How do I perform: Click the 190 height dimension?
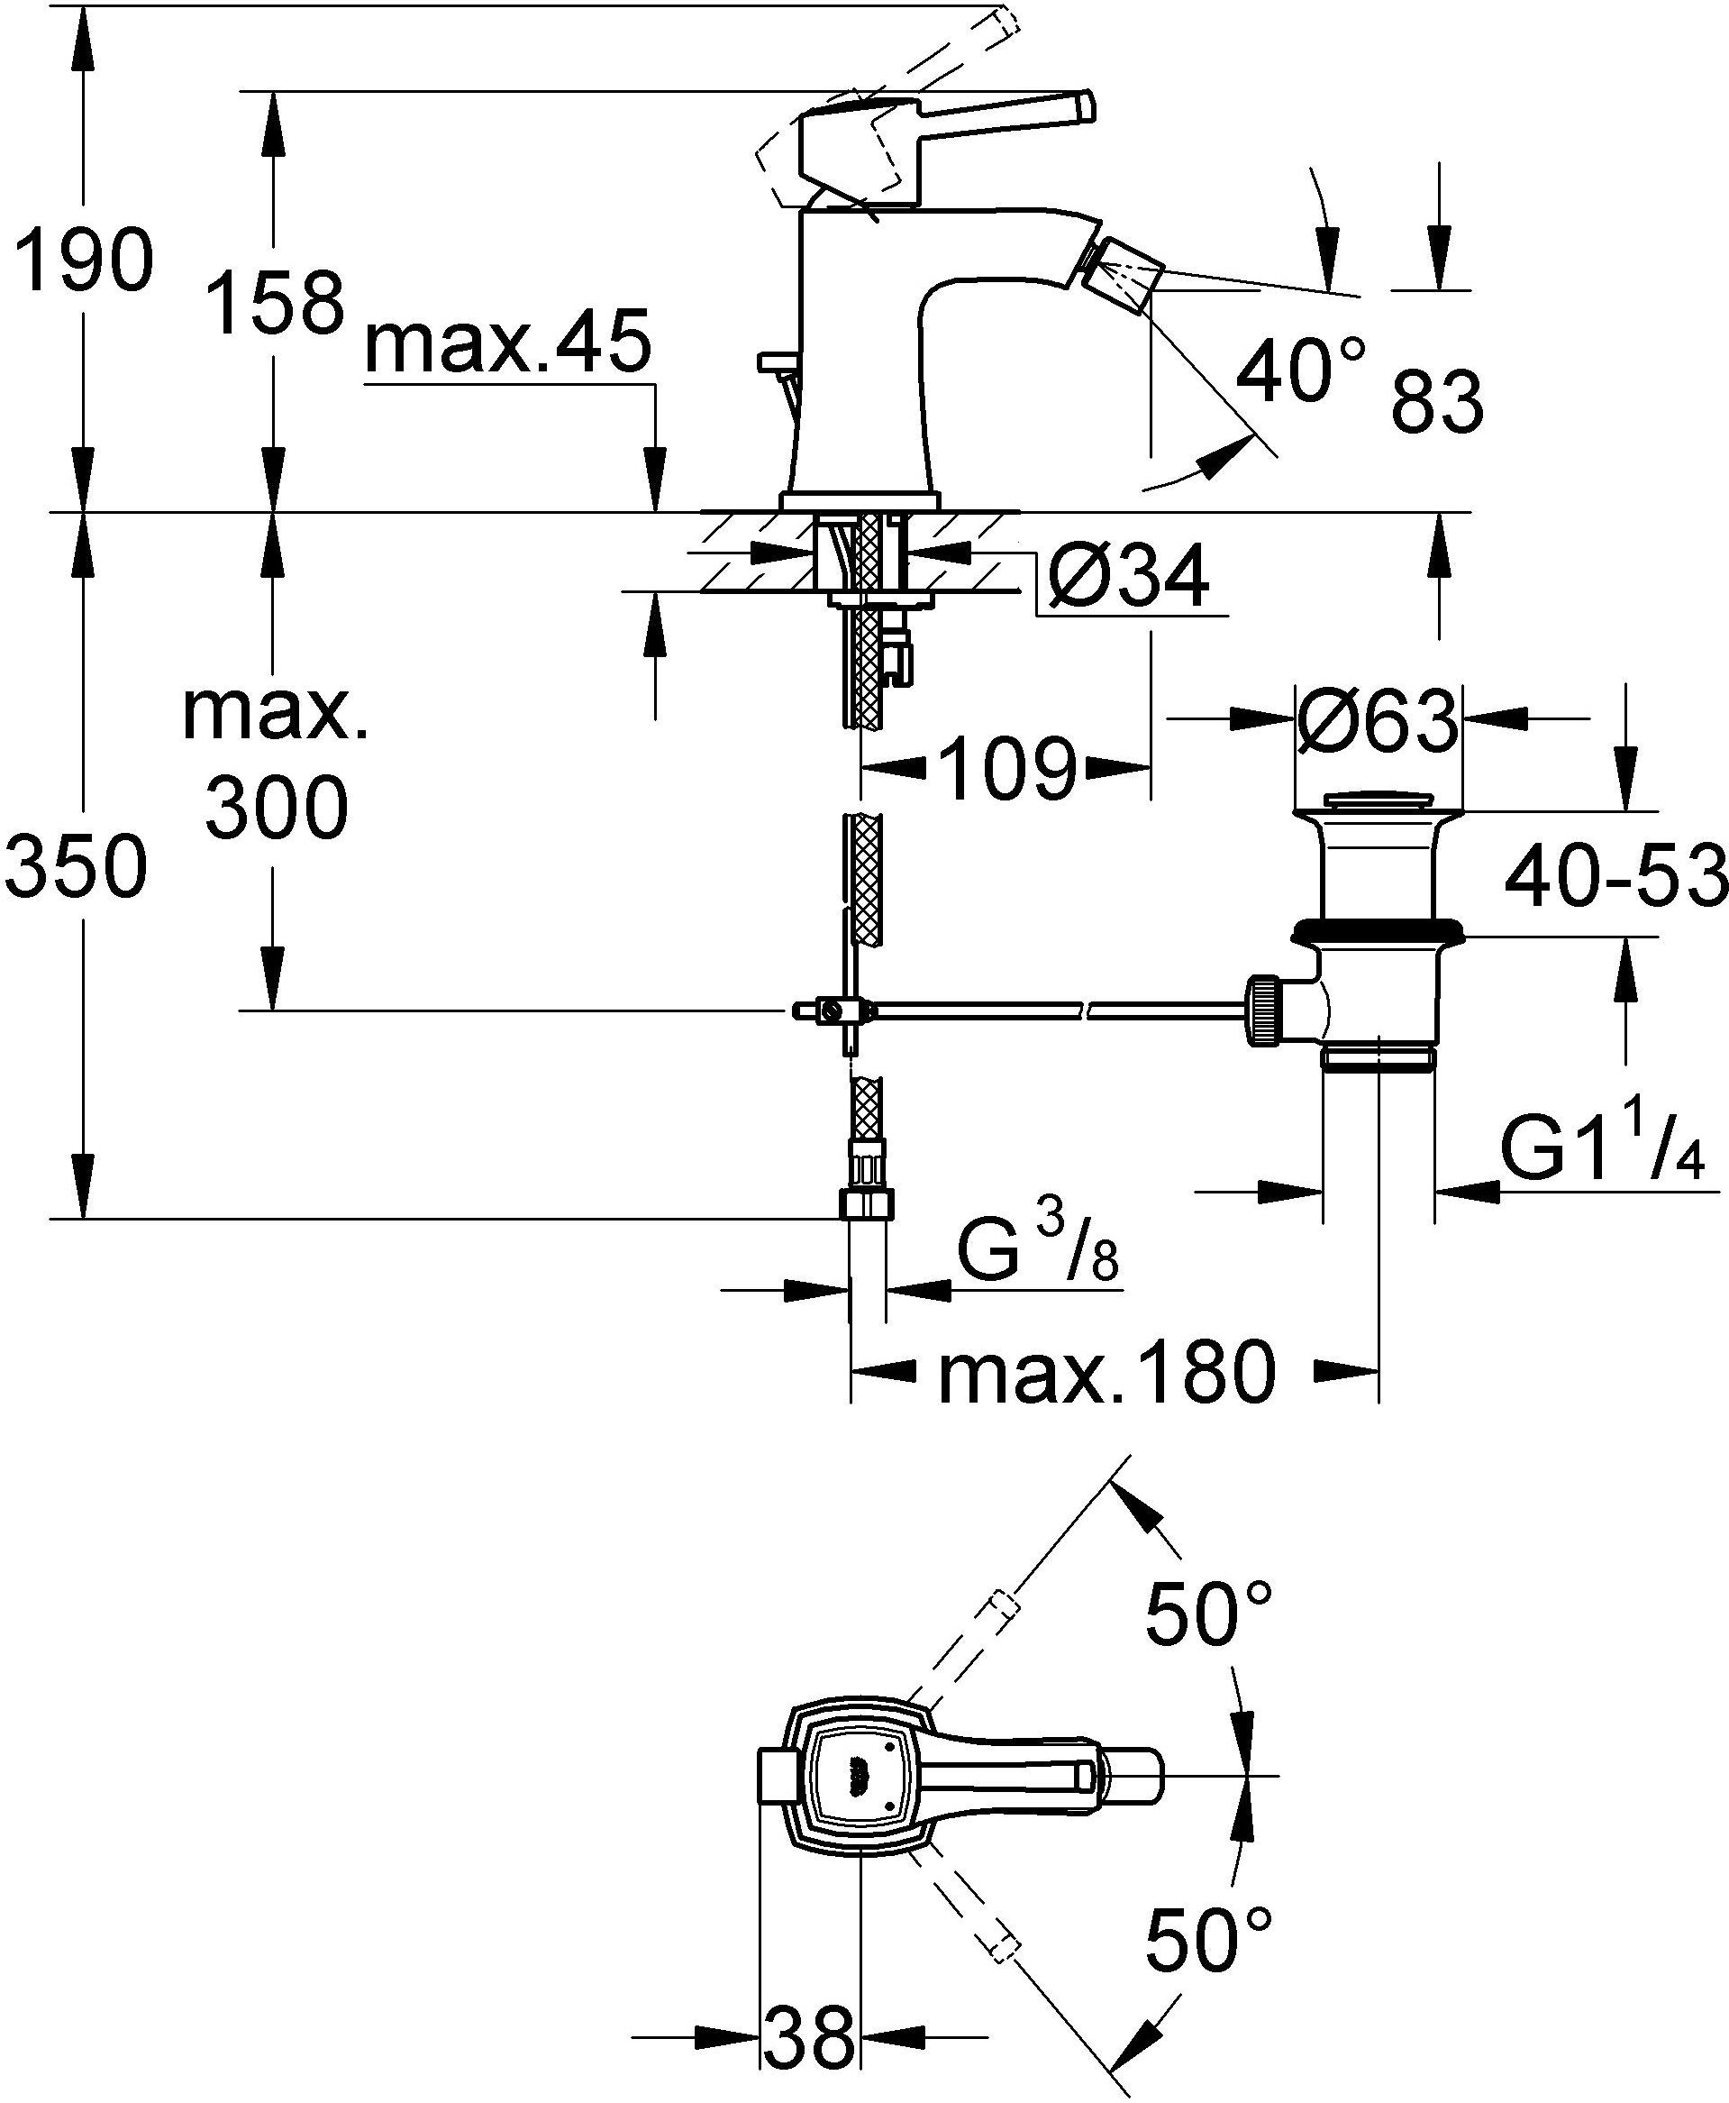coord(86,261)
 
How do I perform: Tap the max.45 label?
coord(508,343)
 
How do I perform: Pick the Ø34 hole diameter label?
coord(1127,577)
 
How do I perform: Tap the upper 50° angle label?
coord(1208,1613)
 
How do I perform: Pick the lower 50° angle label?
coord(1208,1940)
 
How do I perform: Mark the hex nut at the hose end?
coord(866,1203)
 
